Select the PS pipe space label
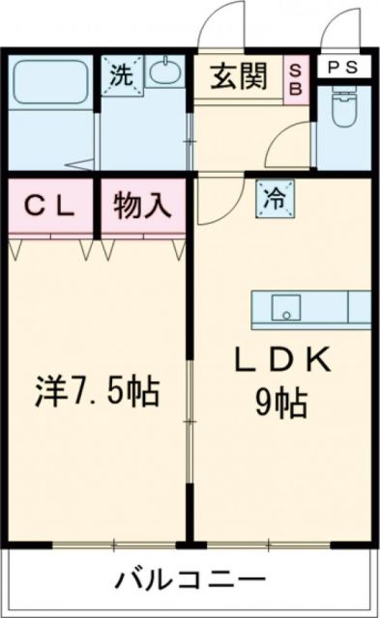[342, 67]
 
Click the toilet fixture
[343, 112]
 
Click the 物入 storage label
[141, 206]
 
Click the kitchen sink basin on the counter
[285, 307]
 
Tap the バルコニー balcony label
[190, 581]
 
